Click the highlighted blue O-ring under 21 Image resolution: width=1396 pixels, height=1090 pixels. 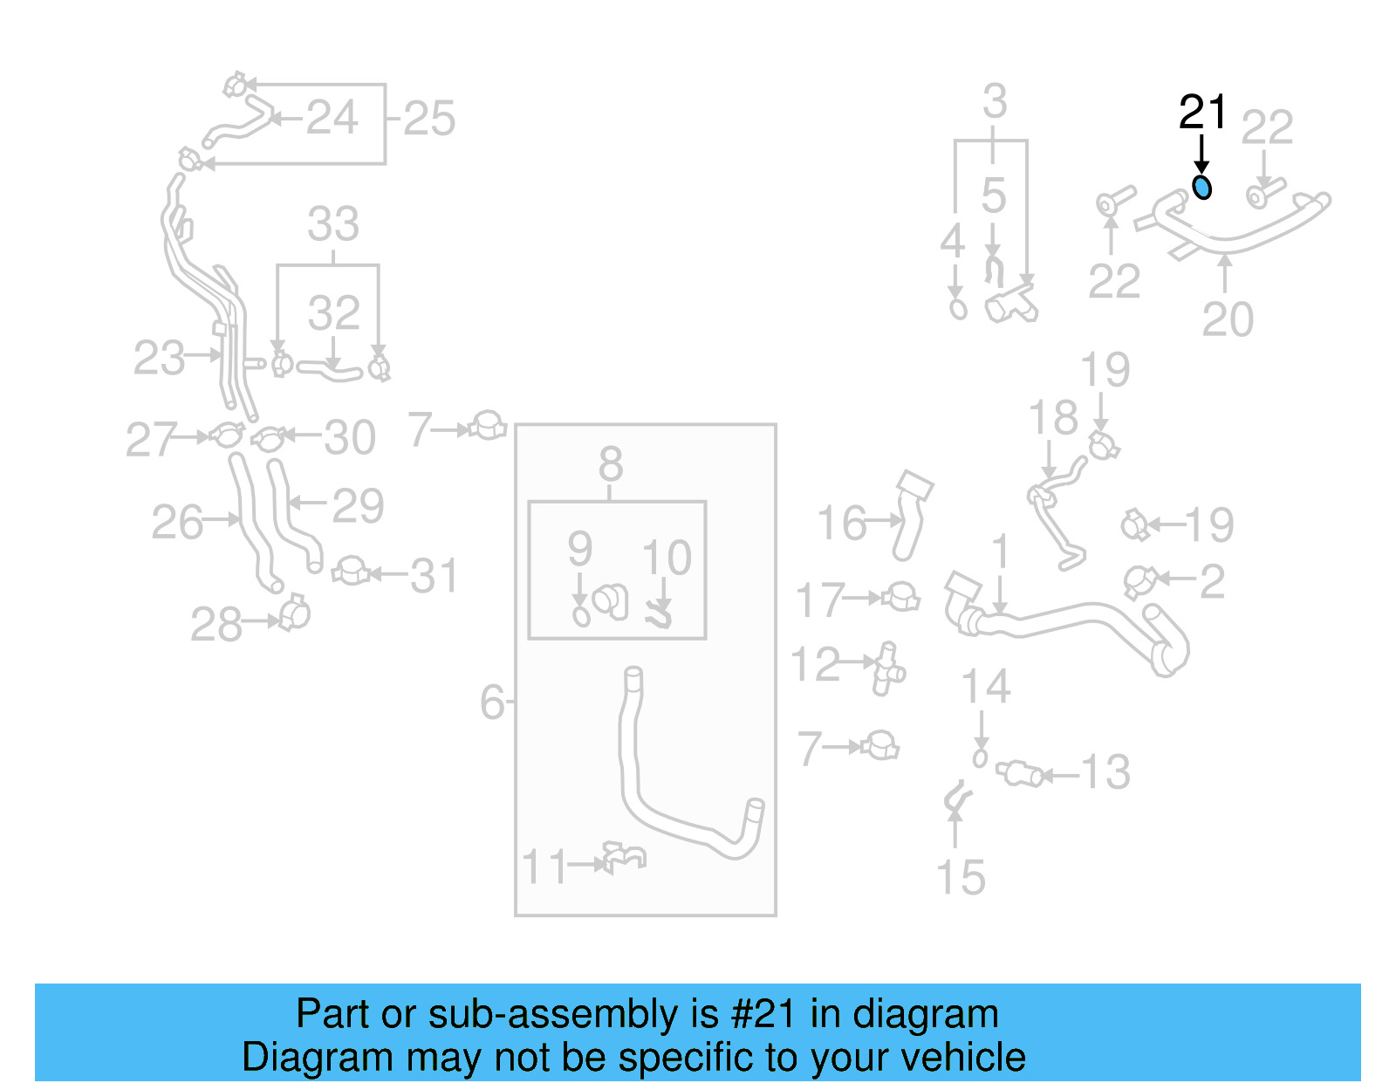tap(1202, 187)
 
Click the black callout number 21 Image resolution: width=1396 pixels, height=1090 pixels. tap(1202, 113)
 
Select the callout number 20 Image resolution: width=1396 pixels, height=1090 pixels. tap(1227, 319)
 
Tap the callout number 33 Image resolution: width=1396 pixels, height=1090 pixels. tap(333, 224)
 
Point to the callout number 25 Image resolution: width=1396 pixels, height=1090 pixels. tap(429, 119)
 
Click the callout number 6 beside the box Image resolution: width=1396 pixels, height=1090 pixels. tap(493, 702)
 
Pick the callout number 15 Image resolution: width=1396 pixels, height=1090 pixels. tap(960, 877)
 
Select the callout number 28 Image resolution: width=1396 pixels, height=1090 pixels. tap(216, 625)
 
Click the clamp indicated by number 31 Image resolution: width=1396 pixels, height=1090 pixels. tap(351, 572)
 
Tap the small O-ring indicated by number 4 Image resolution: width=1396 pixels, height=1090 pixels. tap(958, 309)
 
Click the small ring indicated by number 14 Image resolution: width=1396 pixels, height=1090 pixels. tap(980, 758)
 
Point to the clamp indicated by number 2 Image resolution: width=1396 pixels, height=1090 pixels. tap(1139, 580)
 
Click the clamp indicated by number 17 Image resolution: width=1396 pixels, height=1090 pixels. tap(900, 598)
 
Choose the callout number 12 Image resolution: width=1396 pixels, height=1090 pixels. tap(815, 664)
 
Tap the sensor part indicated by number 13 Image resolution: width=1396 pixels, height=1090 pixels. tap(1020, 773)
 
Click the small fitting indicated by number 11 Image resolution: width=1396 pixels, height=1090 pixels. tap(623, 857)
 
